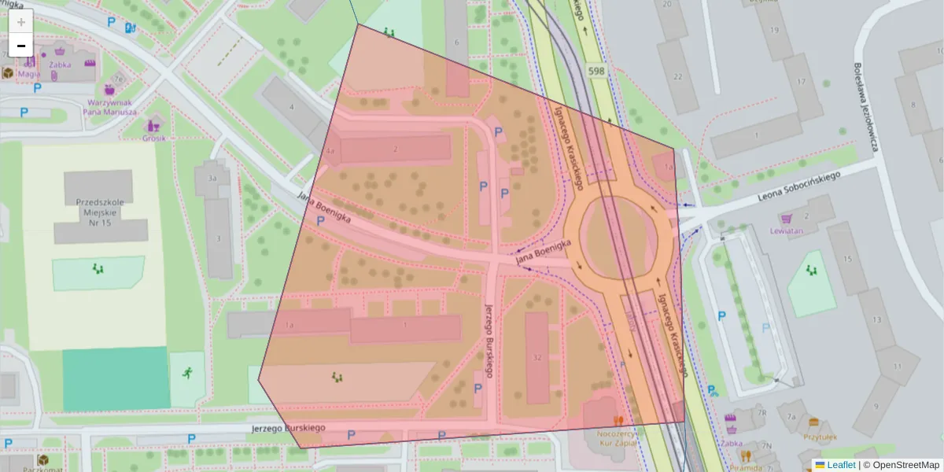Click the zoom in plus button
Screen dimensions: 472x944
click(x=21, y=22)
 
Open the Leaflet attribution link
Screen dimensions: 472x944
click(x=840, y=465)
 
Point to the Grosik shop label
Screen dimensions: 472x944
click(x=154, y=138)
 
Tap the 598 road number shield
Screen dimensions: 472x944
click(x=596, y=72)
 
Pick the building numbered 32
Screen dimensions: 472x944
click(x=537, y=357)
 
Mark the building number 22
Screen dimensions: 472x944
click(x=678, y=76)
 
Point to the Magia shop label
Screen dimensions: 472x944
click(x=29, y=74)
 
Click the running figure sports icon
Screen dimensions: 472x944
click(x=187, y=373)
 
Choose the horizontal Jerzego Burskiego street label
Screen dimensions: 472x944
click(x=289, y=427)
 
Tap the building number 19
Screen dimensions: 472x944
click(x=774, y=31)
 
